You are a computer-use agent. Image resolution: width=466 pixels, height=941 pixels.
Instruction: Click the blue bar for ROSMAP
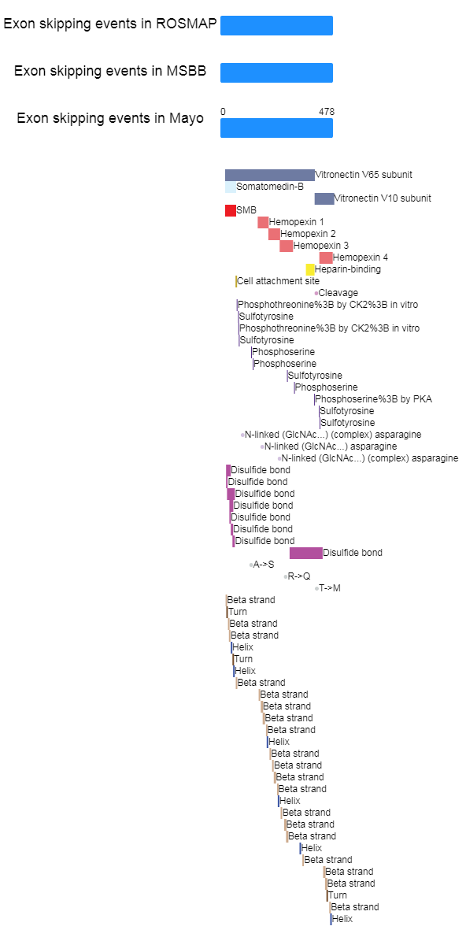(x=276, y=25)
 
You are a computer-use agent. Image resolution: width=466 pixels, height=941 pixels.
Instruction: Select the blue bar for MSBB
(x=276, y=72)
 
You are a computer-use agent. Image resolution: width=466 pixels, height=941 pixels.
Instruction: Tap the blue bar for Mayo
(x=276, y=128)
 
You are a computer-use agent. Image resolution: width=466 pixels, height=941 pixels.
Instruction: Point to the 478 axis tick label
(x=327, y=112)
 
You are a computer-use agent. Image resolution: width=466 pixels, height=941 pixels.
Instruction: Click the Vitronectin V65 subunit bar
(x=270, y=175)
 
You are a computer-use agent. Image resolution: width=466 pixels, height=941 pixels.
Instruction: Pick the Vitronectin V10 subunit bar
(x=324, y=198)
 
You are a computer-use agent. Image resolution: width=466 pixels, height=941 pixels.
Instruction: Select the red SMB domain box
(x=231, y=210)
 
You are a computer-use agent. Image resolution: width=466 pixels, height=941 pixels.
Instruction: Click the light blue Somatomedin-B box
(x=231, y=187)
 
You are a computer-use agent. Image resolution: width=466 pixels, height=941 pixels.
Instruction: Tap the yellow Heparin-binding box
(x=310, y=269)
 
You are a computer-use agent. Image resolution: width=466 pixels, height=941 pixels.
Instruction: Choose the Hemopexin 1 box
(x=263, y=222)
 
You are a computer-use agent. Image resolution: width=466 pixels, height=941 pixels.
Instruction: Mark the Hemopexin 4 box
(x=326, y=257)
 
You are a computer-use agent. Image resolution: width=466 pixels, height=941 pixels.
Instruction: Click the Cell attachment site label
(x=279, y=281)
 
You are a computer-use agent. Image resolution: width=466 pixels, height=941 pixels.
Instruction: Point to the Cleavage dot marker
(x=316, y=293)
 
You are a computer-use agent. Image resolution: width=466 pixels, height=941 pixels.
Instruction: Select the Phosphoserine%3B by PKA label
(x=374, y=399)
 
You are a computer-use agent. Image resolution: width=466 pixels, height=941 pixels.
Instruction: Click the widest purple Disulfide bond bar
(x=306, y=553)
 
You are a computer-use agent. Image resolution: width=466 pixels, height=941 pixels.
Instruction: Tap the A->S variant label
(x=264, y=564)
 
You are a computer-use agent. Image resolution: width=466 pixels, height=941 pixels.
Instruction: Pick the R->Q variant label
(x=299, y=576)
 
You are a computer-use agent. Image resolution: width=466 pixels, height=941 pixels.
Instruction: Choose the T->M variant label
(x=330, y=588)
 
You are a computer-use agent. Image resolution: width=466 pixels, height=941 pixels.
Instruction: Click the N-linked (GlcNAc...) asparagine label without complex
(x=331, y=446)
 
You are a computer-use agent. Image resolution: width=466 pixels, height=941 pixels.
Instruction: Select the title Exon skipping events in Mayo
(x=110, y=118)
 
